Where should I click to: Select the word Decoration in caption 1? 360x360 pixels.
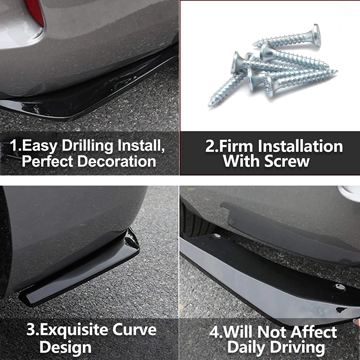(117, 162)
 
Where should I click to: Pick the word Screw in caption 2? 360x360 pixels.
(287, 162)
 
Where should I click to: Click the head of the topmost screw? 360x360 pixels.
(316, 36)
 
